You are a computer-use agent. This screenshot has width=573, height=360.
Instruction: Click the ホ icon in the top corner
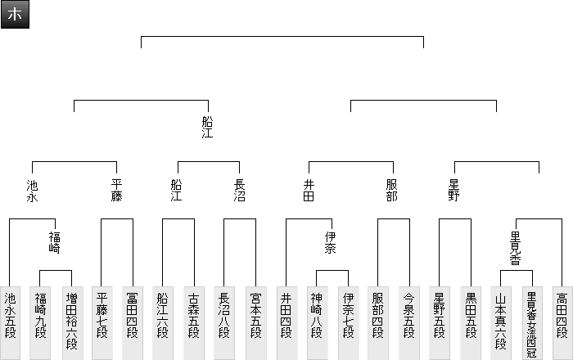click(x=15, y=15)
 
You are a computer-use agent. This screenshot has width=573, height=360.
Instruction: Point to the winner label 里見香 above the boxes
click(x=516, y=248)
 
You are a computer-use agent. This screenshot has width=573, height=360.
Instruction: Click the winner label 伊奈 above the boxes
click(x=332, y=242)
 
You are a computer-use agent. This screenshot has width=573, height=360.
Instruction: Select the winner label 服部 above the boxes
click(x=393, y=191)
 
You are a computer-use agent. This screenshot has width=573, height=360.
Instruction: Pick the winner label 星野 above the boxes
click(x=454, y=191)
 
